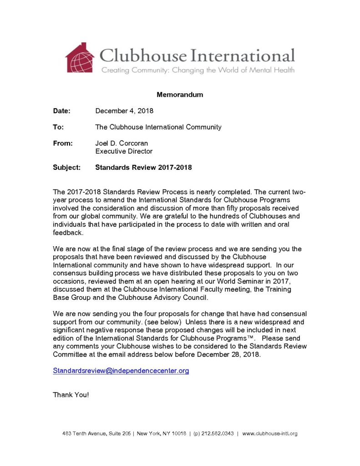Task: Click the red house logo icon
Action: [80, 58]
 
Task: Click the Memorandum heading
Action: [180, 95]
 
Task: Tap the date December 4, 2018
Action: [124, 111]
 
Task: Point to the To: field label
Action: [58, 127]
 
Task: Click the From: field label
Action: [63, 143]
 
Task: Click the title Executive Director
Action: [124, 151]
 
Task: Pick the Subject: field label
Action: [66, 167]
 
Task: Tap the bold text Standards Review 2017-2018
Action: [143, 167]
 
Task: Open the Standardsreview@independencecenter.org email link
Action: [121, 371]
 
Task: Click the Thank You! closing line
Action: [71, 395]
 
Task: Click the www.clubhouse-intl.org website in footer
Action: [270, 434]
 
